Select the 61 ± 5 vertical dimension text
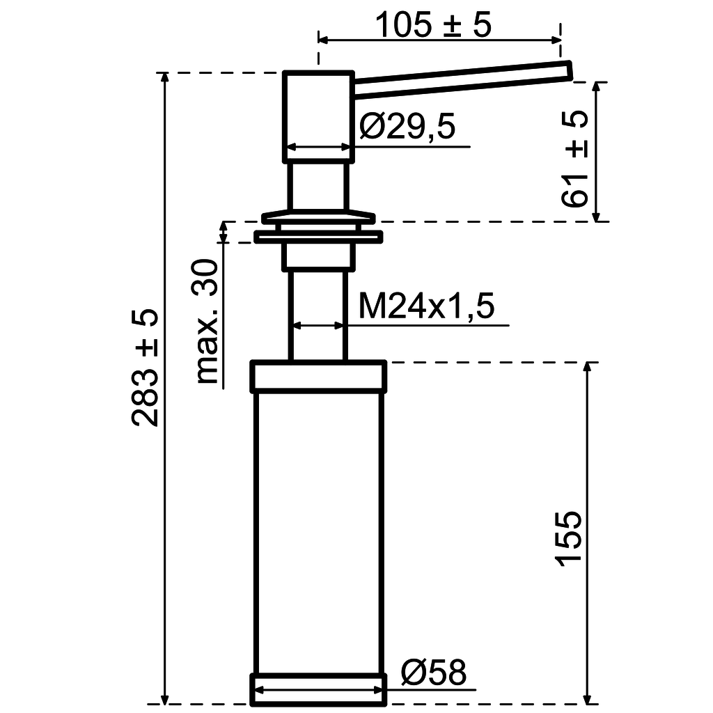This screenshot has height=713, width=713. [574, 159]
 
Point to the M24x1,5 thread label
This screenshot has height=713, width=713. [426, 306]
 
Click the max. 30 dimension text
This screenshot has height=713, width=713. [207, 322]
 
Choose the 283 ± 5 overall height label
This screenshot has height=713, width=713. [145, 368]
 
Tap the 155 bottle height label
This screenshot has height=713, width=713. [568, 539]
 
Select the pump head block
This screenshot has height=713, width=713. [318, 116]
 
